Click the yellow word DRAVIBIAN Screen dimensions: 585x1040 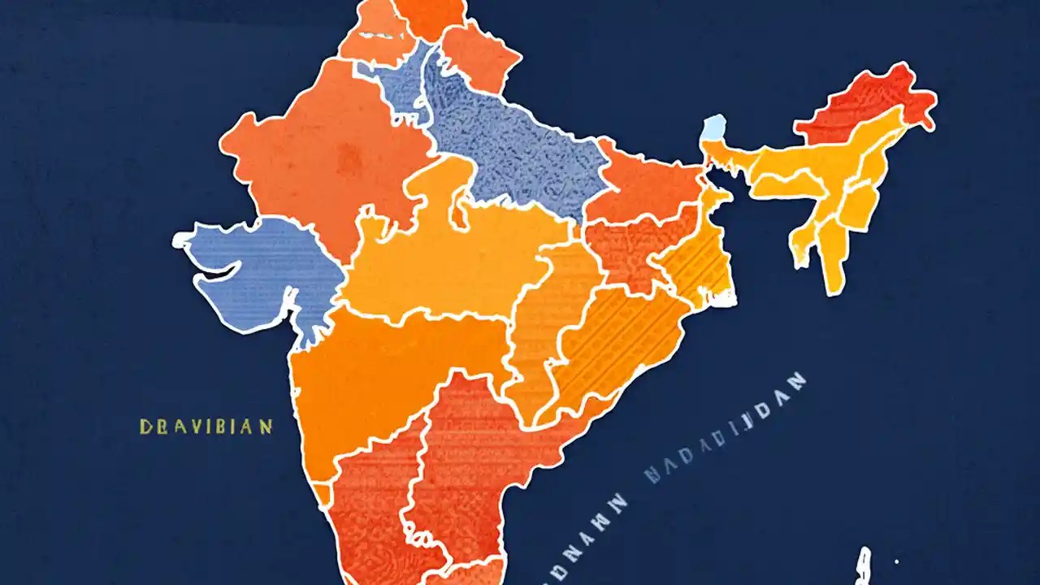pyautogui.click(x=206, y=427)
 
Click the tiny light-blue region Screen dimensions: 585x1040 pyautogui.click(x=713, y=128)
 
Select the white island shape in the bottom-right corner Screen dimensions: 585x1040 pyautogui.click(x=863, y=565)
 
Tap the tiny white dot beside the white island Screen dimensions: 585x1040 pyautogui.click(x=897, y=561)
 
